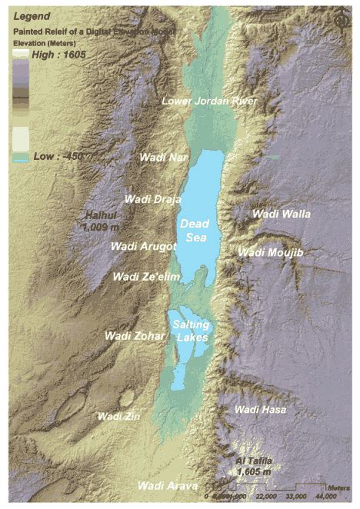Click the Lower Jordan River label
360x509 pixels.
click(208, 101)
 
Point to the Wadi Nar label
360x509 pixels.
click(163, 157)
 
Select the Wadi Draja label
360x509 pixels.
click(152, 198)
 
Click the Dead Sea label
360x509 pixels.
click(194, 230)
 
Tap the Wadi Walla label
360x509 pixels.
click(282, 214)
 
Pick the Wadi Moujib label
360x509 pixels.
click(272, 252)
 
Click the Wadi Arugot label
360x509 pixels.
click(144, 246)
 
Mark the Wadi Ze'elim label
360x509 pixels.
click(145, 276)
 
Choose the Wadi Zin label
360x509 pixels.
click(119, 416)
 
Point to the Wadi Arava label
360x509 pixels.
click(167, 487)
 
